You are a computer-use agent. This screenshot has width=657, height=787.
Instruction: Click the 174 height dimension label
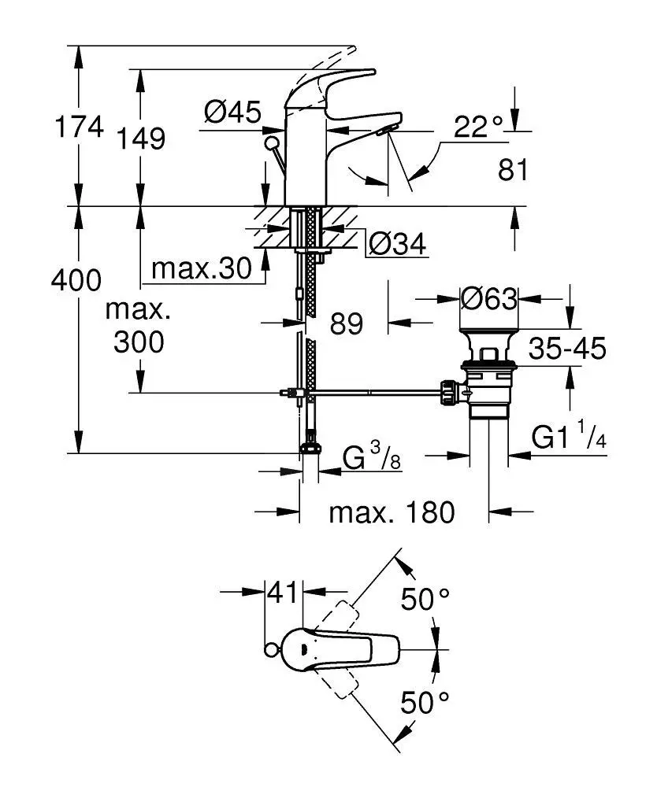tap(80, 127)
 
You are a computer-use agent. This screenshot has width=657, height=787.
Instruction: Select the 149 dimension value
tap(142, 139)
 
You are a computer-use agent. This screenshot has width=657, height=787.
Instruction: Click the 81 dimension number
tap(514, 169)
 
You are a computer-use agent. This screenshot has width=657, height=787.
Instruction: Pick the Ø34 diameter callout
tap(397, 245)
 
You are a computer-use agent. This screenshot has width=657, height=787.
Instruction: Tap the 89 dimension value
tap(346, 323)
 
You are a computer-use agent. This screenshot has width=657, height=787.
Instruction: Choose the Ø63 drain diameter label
tap(490, 299)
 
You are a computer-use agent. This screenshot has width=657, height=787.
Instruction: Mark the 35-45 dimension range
tap(567, 348)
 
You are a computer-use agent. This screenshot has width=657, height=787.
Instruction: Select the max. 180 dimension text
tap(392, 513)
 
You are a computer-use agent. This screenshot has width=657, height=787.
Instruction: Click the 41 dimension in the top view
tap(283, 592)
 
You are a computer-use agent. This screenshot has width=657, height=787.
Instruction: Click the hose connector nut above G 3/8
tap(310, 448)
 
